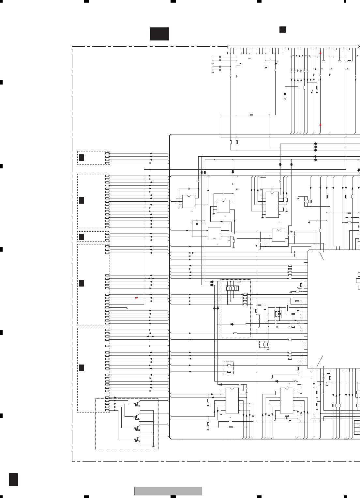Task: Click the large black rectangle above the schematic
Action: click(159, 34)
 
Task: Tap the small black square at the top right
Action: click(283, 29)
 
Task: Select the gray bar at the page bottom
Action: click(168, 491)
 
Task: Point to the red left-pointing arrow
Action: click(136, 298)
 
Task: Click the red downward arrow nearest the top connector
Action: click(320, 53)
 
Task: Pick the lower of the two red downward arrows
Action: click(320, 125)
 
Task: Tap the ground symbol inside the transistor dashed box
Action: click(153, 446)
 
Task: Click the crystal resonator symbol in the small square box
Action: click(278, 314)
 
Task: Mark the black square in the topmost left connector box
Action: click(82, 158)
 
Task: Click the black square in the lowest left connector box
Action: click(82, 368)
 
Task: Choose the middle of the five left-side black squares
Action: click(82, 237)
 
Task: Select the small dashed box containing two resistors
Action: click(229, 368)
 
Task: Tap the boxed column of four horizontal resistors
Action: click(245, 299)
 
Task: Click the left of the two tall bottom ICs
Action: click(232, 400)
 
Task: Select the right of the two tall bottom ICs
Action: click(287, 400)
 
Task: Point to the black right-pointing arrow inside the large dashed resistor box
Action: click(232, 324)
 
